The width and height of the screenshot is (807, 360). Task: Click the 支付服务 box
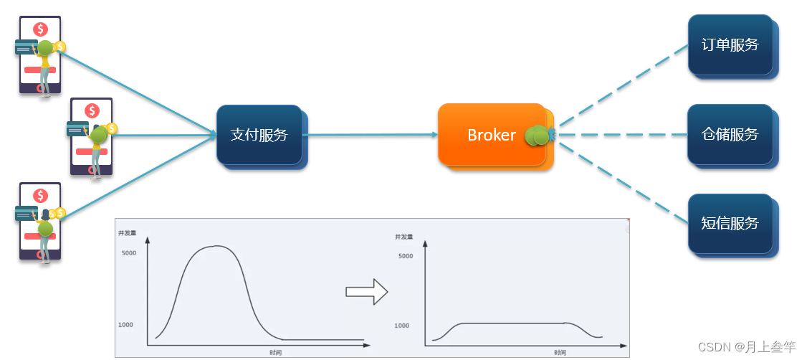(259, 135)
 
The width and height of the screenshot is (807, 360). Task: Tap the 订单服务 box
(730, 44)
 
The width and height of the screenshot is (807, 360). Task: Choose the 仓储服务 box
(730, 134)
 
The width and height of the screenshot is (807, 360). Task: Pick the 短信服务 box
(730, 224)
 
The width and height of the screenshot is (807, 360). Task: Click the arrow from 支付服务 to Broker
(370, 135)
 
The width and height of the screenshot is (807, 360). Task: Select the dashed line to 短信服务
(624, 184)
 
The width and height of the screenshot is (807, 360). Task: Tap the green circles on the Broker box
(537, 136)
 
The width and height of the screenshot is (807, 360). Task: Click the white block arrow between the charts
(366, 292)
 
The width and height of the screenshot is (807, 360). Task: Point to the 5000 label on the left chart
(129, 253)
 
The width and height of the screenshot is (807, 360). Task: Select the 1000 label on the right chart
(402, 326)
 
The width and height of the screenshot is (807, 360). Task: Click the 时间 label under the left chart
(275, 353)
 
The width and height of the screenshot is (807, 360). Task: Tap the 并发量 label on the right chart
(404, 237)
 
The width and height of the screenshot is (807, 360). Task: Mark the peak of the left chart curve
(216, 246)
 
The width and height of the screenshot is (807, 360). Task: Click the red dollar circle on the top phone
(40, 29)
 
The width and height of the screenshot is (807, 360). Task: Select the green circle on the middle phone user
(98, 135)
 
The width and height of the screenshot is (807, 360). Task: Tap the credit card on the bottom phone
(27, 213)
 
